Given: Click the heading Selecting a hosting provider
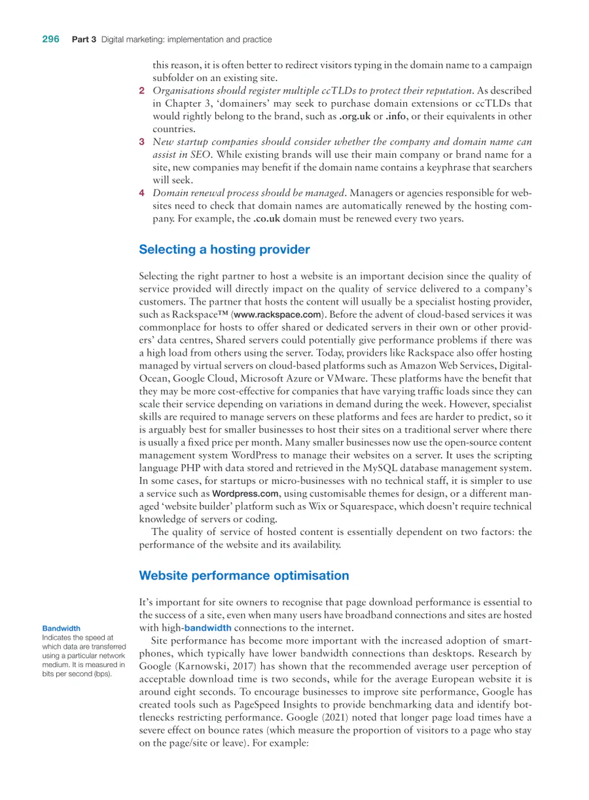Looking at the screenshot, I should pos(224,249).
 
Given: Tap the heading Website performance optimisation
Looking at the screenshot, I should pos(243,576).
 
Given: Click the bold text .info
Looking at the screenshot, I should pos(395,116).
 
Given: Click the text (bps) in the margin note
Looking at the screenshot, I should pos(99,673).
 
